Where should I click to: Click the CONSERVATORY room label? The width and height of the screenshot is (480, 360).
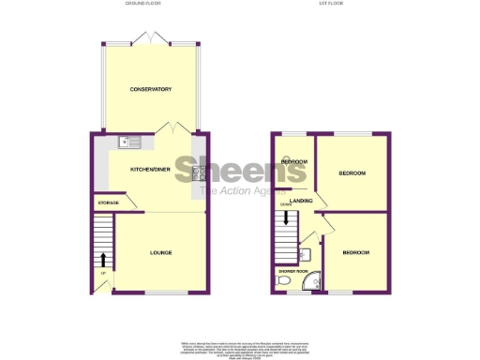(150, 89)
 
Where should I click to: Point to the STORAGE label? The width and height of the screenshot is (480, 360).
(109, 203)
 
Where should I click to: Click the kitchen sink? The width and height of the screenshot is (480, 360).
(129, 142)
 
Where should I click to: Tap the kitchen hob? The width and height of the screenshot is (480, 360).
(199, 172)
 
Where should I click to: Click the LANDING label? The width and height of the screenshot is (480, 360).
(301, 201)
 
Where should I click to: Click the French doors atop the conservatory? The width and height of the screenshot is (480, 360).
(150, 40)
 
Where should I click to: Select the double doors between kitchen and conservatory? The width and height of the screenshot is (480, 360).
(175, 128)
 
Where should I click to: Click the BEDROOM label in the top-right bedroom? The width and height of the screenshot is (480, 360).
(352, 174)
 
